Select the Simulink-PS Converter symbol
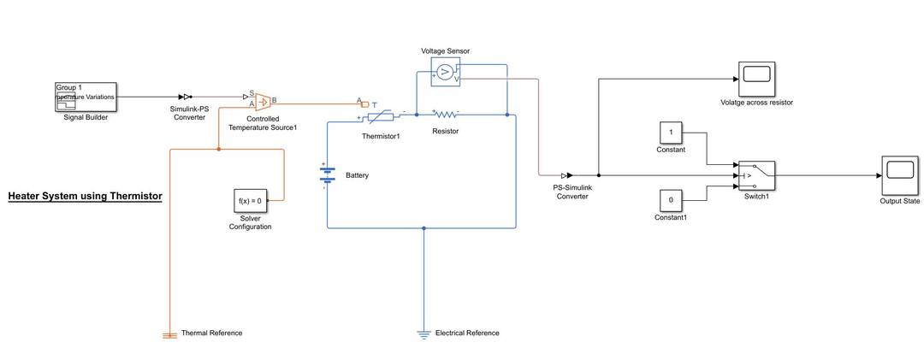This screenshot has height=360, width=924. coord(186,97)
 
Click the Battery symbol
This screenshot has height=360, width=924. coord(327,174)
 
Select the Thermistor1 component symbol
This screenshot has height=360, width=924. coord(380,115)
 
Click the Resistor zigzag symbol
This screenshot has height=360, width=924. coord(445,114)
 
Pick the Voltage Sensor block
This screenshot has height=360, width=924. coord(446,73)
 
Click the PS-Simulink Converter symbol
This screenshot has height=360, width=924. coord(567,175)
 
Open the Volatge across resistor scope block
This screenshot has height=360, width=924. coord(756,78)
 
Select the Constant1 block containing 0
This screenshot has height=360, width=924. coord(671,199)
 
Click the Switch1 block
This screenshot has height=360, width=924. coord(756,175)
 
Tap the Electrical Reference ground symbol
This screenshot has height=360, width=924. coord(423,334)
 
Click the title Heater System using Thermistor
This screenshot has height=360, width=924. coord(85,197)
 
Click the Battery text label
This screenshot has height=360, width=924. coord(357,175)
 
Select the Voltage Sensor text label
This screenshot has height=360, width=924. coord(445,51)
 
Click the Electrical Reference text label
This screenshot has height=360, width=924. coord(467,333)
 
